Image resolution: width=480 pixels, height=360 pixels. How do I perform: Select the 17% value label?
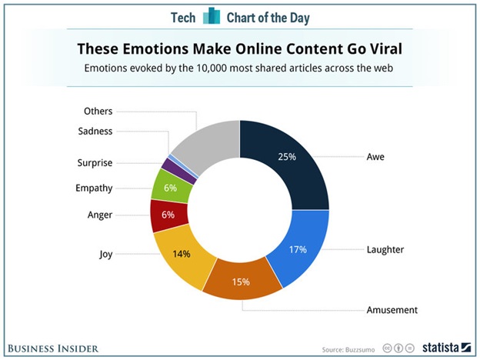(297, 249)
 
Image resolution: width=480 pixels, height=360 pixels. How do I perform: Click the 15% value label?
(241, 282)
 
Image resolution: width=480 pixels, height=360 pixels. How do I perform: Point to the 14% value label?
(182, 254)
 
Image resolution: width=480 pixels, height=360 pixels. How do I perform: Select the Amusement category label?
(392, 310)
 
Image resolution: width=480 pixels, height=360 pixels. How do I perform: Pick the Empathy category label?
(95, 187)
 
